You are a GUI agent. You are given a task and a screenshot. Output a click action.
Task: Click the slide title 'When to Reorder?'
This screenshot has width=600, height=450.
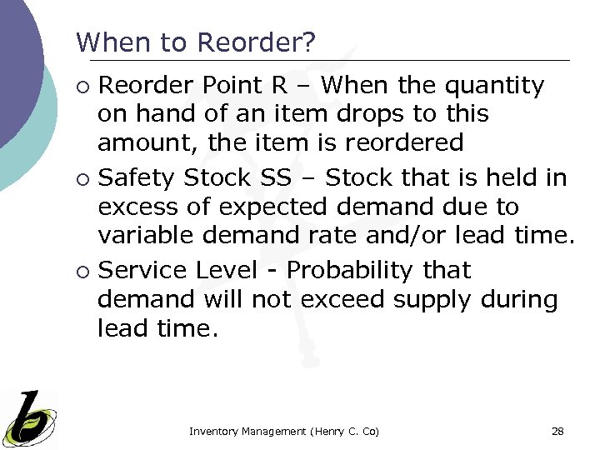pos(196,42)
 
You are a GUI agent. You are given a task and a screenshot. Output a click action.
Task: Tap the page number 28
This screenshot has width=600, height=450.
pos(557,431)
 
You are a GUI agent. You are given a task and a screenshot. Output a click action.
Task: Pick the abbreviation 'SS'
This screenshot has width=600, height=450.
pos(296,178)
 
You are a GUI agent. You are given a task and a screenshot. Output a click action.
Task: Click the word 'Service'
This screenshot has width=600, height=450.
pos(142,271)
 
